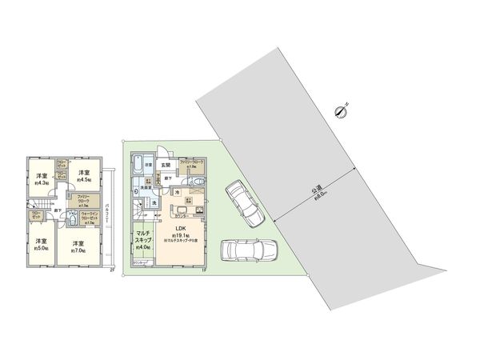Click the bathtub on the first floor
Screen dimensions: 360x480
click(x=138, y=166)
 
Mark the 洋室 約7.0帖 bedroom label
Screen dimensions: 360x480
click(x=78, y=246)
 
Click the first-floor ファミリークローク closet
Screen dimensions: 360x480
click(x=192, y=164)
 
